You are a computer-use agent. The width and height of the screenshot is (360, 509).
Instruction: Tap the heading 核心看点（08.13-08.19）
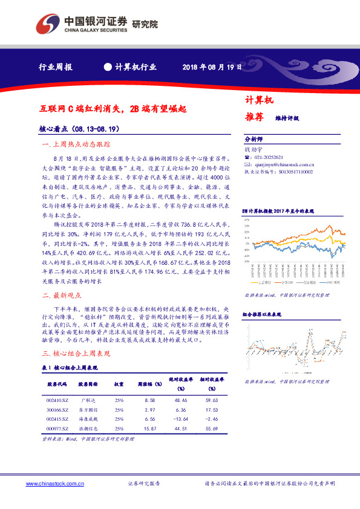tap(77, 129)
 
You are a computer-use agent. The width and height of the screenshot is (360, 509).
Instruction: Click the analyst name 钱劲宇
tap(251, 148)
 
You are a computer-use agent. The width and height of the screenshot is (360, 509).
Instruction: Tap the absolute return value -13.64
tap(181, 418)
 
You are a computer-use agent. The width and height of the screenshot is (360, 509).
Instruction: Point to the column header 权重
tap(119, 383)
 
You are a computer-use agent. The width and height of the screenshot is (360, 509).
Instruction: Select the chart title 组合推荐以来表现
tap(262, 315)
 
